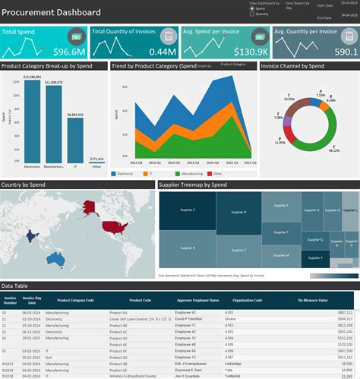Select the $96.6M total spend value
tap(68, 52)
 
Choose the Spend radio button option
tap(252, 8)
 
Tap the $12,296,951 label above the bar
tap(33, 77)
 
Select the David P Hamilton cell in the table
tap(193, 297)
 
